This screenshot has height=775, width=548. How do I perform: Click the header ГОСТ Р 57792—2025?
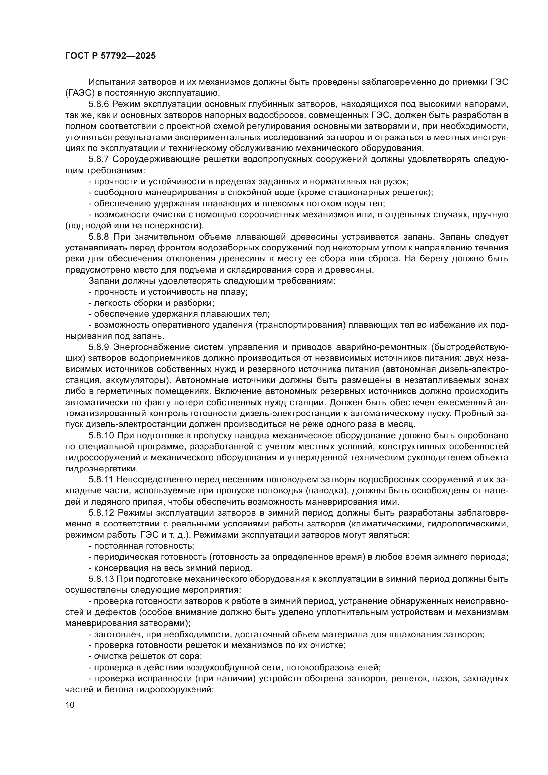coord(110,56)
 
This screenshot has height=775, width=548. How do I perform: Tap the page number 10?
coord(70,705)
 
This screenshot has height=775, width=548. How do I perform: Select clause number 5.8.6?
coord(98,104)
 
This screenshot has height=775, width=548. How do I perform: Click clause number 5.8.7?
coord(98,159)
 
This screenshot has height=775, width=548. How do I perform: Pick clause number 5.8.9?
coord(98,347)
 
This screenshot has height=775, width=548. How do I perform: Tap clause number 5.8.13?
coord(101,579)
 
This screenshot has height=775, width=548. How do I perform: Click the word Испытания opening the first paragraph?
coord(111,82)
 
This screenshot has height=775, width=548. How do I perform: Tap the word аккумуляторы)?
coord(138,380)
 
